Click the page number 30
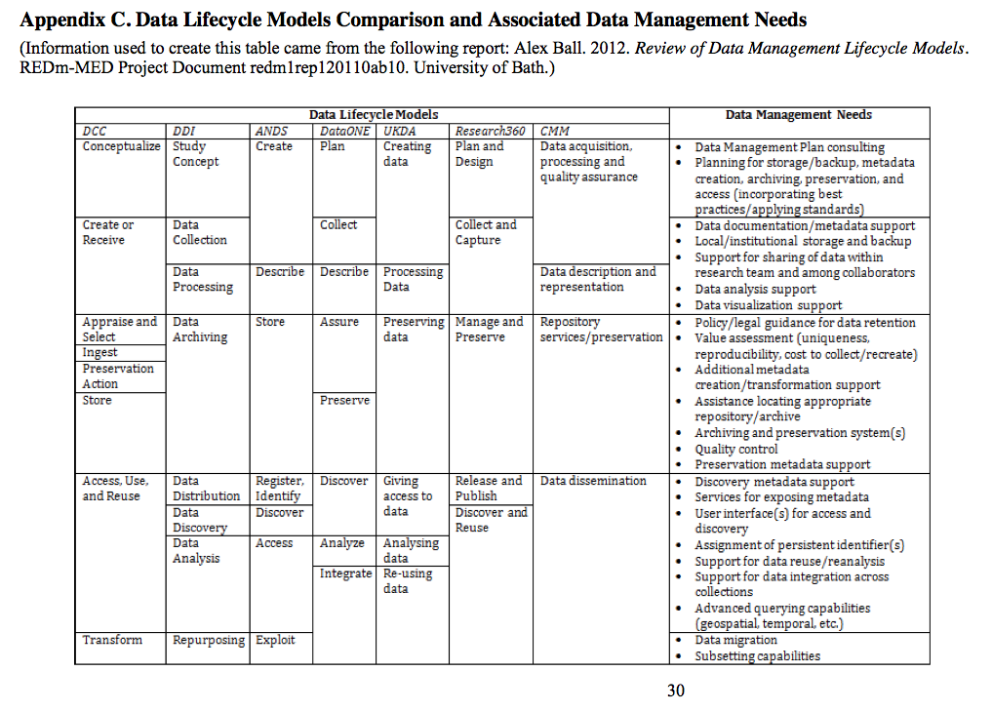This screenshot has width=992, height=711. (676, 691)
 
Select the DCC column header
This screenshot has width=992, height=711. (95, 131)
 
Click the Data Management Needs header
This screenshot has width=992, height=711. (798, 115)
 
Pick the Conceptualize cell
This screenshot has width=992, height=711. (121, 146)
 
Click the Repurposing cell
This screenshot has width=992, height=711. (209, 641)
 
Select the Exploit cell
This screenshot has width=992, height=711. (275, 641)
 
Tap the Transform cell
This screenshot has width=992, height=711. (112, 641)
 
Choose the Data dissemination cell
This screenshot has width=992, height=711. (593, 481)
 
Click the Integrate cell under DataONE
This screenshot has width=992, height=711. (345, 573)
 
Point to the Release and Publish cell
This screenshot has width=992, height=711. (489, 488)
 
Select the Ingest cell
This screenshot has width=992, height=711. (99, 353)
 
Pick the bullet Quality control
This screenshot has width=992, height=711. (735, 449)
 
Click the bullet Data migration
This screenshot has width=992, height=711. (735, 640)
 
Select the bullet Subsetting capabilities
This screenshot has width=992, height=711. (757, 655)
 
